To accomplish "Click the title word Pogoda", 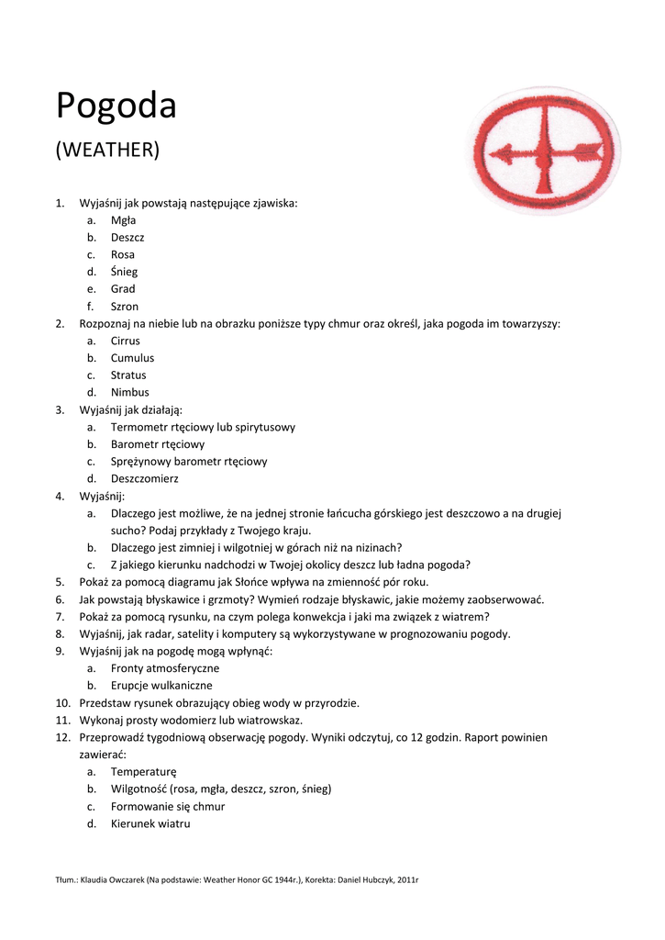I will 116,106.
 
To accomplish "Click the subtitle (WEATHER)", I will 107,150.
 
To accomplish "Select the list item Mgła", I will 124,220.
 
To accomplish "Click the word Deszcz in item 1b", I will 127,238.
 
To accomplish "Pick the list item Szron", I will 125,307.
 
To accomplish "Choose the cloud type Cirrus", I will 126,341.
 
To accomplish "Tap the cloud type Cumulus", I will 132,358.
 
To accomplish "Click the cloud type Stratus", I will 128,375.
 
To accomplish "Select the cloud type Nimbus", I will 129,393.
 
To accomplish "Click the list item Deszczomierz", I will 144,479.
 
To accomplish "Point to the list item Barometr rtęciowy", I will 158,444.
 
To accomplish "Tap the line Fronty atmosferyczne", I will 165,668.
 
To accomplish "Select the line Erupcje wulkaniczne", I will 161,686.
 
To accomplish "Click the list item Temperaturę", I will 143,772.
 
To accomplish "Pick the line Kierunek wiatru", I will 150,823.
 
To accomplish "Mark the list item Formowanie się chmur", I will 168,806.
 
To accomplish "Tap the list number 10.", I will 61,703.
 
